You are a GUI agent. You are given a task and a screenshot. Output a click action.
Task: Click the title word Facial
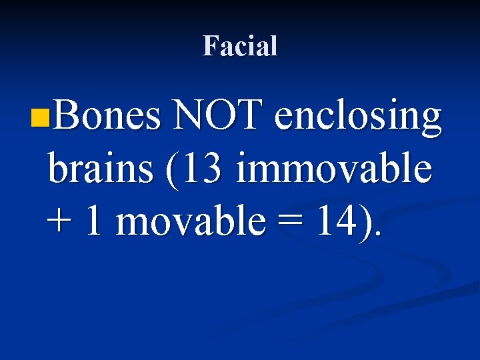pos(240,46)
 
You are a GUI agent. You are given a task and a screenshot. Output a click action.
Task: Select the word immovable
pos(333,170)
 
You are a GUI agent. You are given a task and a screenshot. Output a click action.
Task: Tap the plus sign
pos(61,223)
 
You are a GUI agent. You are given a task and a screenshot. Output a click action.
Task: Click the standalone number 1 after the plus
pos(94,221)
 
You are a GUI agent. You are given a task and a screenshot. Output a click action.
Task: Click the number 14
pos(334,221)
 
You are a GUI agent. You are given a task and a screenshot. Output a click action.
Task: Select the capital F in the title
pos(210,46)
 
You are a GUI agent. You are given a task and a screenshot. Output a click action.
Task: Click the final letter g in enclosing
pos(430,123)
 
